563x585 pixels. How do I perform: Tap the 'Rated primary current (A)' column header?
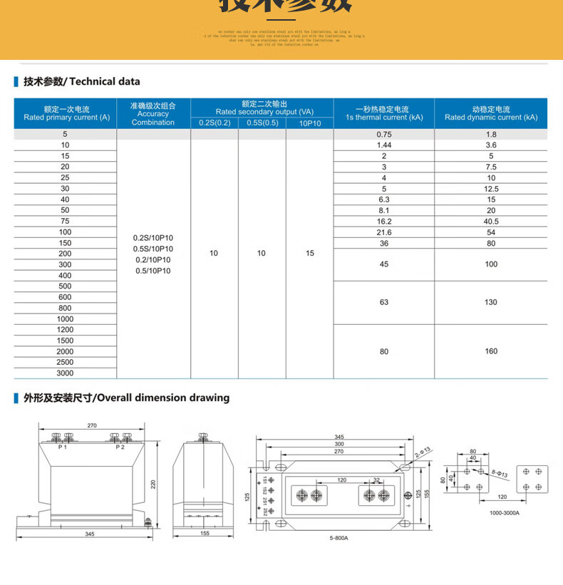[66, 113]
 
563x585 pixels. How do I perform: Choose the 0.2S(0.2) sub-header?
[215, 123]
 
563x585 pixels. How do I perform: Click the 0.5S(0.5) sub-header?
[262, 123]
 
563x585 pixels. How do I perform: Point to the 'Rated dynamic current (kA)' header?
[491, 113]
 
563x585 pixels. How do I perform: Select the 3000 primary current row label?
[65, 373]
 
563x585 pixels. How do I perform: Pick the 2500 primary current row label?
[65, 362]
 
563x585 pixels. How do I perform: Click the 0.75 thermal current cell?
[384, 135]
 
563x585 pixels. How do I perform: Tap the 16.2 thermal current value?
[384, 221]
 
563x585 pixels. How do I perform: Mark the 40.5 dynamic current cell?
[491, 221]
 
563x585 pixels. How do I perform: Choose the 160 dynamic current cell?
[491, 351]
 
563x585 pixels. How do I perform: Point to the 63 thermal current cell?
[384, 302]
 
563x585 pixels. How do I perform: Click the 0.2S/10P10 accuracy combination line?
[153, 238]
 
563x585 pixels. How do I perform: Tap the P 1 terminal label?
[62, 447]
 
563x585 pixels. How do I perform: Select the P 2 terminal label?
[120, 447]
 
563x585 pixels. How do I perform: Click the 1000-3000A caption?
[505, 512]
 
